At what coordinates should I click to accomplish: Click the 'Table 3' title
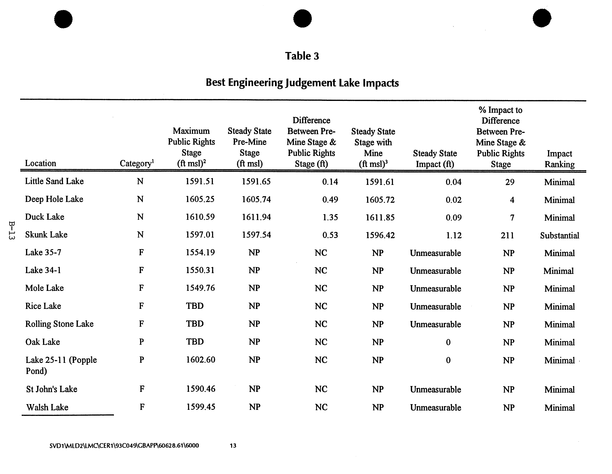[x=302, y=56]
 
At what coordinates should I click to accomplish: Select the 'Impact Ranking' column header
[x=559, y=159]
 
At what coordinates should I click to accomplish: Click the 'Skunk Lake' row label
[x=46, y=235]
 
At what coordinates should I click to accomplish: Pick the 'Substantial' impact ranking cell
[x=559, y=235]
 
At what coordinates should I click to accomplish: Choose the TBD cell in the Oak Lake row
[x=195, y=342]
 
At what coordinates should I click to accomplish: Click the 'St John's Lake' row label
[x=52, y=389]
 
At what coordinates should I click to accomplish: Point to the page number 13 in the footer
[x=233, y=445]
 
